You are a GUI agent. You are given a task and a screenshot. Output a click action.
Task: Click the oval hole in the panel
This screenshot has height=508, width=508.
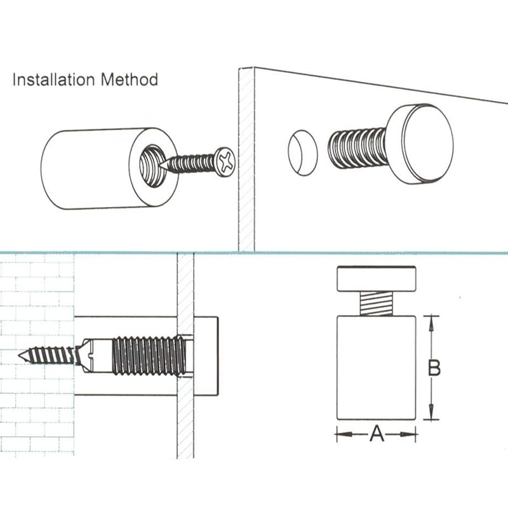(x=302, y=153)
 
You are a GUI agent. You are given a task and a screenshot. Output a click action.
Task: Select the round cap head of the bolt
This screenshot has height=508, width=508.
(x=420, y=143)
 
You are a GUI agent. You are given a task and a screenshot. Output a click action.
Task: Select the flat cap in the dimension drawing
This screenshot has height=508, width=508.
(x=376, y=277)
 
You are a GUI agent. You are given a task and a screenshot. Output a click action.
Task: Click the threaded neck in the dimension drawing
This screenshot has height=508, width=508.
(x=376, y=302)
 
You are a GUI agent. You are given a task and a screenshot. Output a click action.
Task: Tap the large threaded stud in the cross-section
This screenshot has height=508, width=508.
(x=149, y=356)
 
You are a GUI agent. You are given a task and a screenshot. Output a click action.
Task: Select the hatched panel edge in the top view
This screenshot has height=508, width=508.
(x=246, y=159)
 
